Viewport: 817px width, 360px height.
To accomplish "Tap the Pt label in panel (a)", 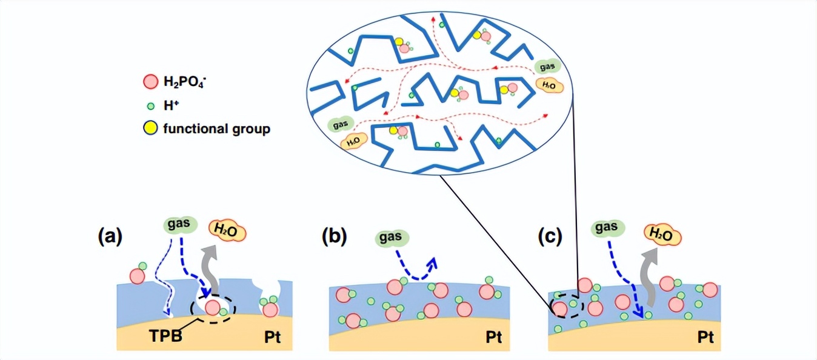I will pyautogui.click(x=273, y=336).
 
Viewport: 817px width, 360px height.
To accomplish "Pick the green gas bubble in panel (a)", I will pyautogui.click(x=181, y=224).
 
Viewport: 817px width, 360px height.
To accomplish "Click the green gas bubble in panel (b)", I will pyautogui.click(x=392, y=237).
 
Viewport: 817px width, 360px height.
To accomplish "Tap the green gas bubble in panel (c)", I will pyautogui.click(x=606, y=228).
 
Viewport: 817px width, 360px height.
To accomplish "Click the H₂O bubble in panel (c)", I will pyautogui.click(x=662, y=233).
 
